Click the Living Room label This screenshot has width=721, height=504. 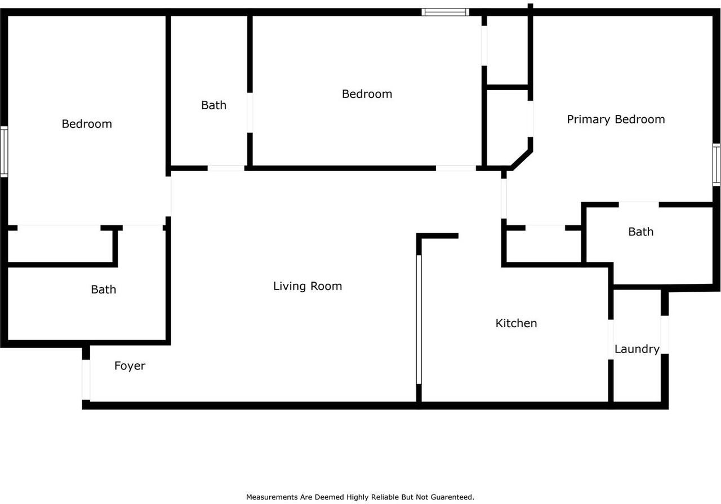tap(308, 286)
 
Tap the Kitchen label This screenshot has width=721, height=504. tap(516, 323)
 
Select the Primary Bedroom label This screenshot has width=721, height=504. tap(616, 119)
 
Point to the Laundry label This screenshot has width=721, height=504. tap(637, 349)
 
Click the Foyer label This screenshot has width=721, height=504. tap(130, 366)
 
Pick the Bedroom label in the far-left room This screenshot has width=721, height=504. tap(87, 124)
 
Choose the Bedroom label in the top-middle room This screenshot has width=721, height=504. tap(367, 94)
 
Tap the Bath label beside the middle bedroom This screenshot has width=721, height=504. tap(213, 105)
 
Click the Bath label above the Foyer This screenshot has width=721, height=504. tap(104, 289)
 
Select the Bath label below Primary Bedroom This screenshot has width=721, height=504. tap(640, 232)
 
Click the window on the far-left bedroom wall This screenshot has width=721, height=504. tap(4, 152)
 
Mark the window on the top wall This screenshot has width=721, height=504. tap(445, 12)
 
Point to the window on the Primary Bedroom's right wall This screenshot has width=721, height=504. tap(716, 164)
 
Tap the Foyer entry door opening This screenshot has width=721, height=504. tap(86, 380)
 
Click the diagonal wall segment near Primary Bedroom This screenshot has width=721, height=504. tap(521, 159)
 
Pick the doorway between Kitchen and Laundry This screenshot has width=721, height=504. tap(611, 339)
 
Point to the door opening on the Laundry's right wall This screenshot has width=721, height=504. tap(665, 334)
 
